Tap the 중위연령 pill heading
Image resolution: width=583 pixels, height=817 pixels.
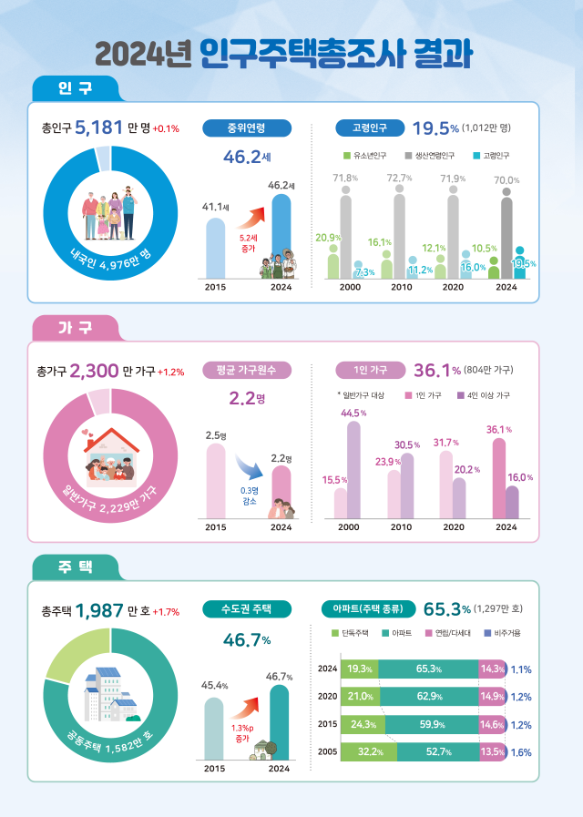click(247, 128)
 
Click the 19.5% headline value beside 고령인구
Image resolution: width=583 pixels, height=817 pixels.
click(435, 128)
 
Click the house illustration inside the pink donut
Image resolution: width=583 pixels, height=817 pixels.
click(110, 455)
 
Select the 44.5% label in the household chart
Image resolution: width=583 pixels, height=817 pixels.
click(353, 414)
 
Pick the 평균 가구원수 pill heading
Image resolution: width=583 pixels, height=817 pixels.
click(247, 370)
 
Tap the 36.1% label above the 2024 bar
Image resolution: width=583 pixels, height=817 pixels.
click(499, 430)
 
